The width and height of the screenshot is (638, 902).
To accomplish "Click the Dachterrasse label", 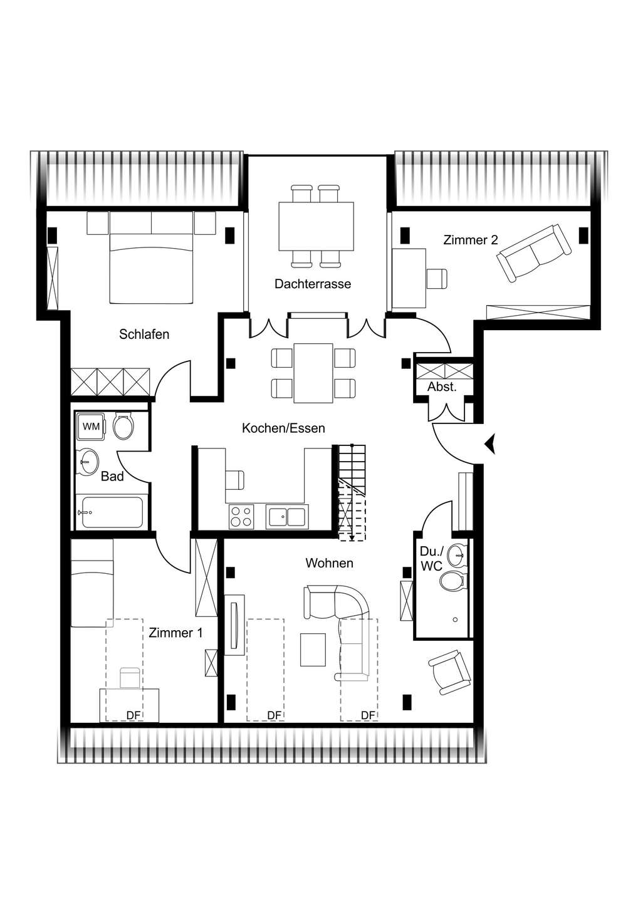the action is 313,284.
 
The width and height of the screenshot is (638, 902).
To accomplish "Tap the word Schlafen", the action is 144,334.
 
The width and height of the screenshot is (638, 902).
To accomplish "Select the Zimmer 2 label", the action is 471,240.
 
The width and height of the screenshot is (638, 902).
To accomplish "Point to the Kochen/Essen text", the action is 283,428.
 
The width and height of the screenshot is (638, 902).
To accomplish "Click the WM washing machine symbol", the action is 91,427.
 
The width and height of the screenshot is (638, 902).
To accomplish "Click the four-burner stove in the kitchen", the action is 241,516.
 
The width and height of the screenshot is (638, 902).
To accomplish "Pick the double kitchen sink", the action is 287,517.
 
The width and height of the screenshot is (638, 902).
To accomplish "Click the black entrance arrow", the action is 491,444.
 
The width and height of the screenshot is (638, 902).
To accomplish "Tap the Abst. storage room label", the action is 442,387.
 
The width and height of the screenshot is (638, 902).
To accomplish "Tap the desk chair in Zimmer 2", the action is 437,278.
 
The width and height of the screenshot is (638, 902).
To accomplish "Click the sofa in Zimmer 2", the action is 534,252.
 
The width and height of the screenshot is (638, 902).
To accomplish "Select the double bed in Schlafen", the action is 151,268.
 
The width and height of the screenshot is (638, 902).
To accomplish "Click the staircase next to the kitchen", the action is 352,492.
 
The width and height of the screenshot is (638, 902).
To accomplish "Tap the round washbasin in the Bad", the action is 88,463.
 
